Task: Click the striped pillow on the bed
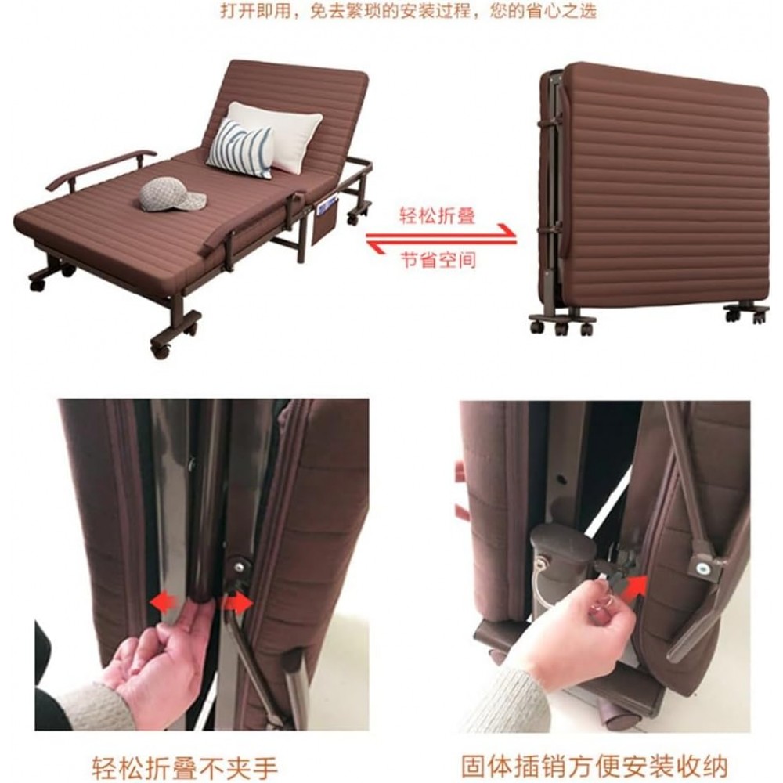coord(240,148)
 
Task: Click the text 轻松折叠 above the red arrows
coord(437,216)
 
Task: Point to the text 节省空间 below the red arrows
coord(438,260)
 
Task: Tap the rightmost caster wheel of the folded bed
coord(759,316)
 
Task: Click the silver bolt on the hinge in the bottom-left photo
coord(240,566)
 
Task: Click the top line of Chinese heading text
coord(409,10)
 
